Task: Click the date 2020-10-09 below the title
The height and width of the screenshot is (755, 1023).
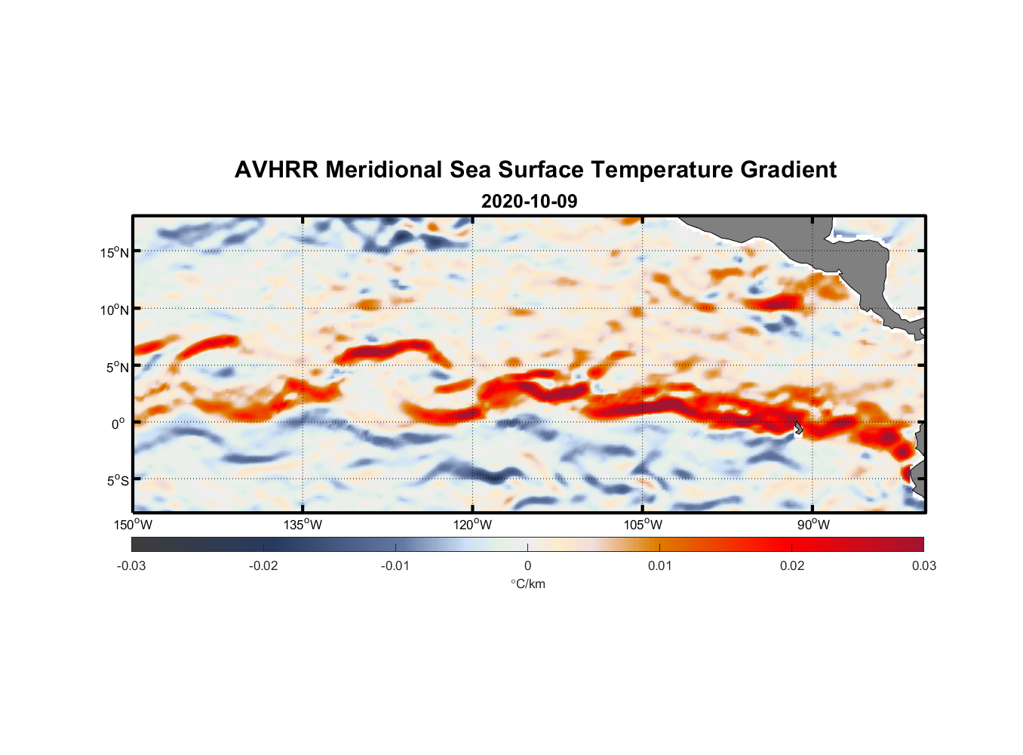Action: pos(529,201)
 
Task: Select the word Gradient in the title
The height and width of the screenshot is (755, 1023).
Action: pos(788,170)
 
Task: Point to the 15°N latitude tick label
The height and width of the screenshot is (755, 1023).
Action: pos(115,252)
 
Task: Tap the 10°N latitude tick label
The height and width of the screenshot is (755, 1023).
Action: pos(115,310)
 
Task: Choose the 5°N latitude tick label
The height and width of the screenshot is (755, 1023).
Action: pos(117,367)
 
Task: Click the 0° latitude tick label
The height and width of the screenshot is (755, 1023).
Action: pos(118,424)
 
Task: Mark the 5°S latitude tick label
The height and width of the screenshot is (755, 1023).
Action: pos(117,481)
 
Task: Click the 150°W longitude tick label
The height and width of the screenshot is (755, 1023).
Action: pos(133,525)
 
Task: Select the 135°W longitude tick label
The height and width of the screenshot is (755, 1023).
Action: pos(303,525)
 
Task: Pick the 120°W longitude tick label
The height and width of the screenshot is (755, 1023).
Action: pos(472,525)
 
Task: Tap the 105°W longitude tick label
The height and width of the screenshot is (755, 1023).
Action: pos(643,525)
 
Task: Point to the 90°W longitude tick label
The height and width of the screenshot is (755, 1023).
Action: pos(813,525)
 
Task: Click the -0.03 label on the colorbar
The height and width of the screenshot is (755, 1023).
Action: pos(131,565)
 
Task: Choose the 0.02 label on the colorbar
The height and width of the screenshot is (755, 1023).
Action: pos(792,565)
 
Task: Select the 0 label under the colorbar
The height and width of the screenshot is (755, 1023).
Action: pos(527,565)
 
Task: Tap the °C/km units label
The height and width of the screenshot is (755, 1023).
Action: pos(527,584)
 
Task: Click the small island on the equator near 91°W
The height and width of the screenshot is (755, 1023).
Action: pos(799,428)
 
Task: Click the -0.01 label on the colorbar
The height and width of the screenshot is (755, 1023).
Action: pos(395,565)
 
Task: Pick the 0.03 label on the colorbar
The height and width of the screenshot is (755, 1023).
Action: pos(923,565)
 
